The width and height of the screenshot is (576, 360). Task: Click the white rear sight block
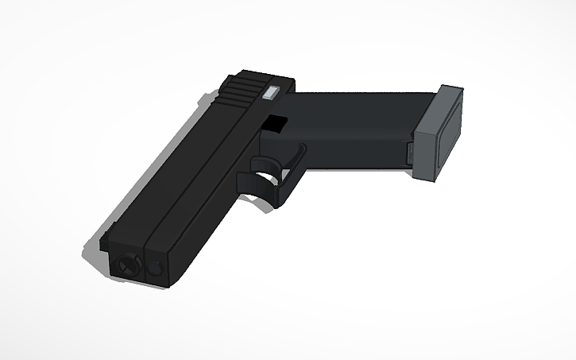click(271, 91)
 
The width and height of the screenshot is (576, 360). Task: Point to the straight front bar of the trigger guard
click(291, 171)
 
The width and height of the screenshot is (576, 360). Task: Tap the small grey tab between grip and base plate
click(410, 153)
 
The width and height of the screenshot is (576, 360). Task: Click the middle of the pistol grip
click(350, 131)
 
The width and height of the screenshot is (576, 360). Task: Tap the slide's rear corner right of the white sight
click(288, 85)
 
